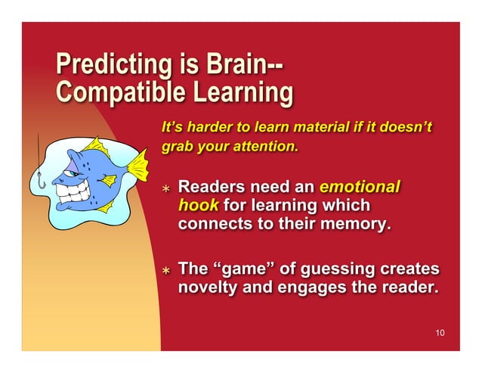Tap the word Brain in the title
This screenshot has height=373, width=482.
tap(235, 64)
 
